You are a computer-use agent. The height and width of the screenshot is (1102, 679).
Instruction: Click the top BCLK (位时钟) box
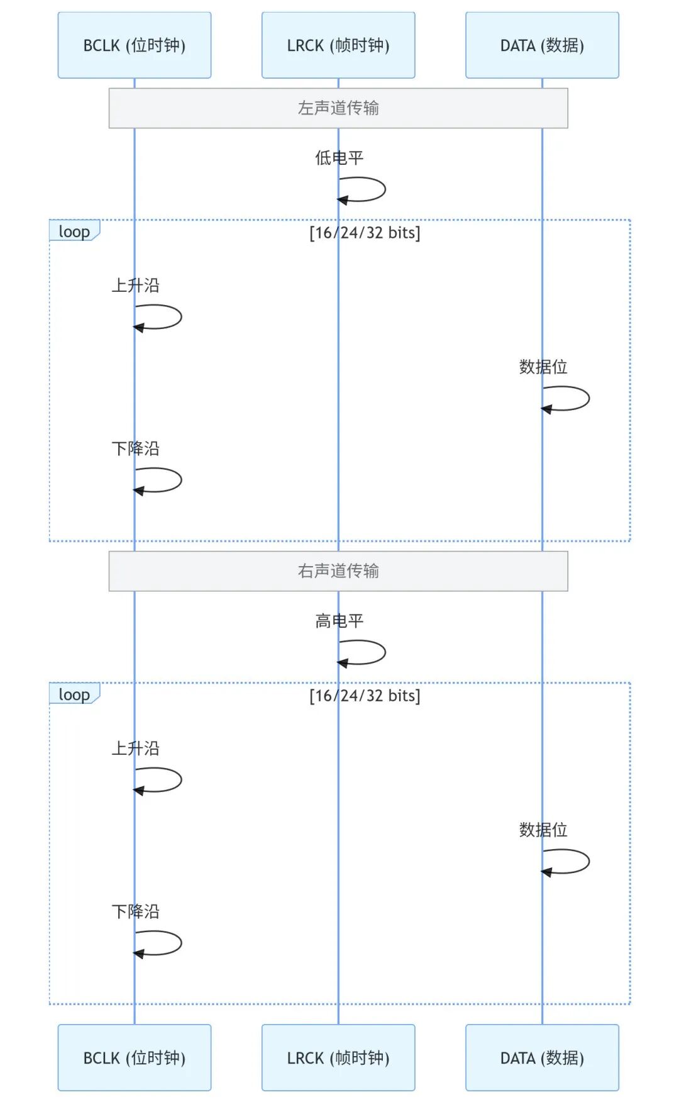coord(135,45)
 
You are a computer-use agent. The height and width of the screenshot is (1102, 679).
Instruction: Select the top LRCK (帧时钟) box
coord(338,45)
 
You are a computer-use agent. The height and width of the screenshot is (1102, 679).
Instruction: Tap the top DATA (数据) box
coord(542,45)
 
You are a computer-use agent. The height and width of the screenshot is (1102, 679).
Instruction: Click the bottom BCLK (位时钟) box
coord(135,1057)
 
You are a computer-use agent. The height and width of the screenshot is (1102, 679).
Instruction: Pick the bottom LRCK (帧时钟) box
coord(338,1057)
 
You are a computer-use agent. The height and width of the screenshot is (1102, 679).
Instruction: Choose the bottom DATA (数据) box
coord(542,1057)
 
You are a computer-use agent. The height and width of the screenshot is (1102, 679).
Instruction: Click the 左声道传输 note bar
coord(338,108)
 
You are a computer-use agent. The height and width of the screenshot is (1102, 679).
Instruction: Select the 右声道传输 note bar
coord(338,571)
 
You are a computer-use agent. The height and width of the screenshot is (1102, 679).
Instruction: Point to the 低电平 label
coord(339,158)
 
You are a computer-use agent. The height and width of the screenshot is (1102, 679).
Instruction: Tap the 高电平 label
coord(339,621)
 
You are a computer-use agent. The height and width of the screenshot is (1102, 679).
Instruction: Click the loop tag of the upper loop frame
coord(74,231)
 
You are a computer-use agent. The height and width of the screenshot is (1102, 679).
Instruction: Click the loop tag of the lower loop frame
coord(74,694)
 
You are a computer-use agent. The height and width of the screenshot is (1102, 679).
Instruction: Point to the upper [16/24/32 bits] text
coord(365,233)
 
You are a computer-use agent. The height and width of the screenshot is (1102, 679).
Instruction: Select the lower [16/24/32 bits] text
coord(365,696)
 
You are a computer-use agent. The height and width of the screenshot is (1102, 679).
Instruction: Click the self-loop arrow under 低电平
coord(385,189)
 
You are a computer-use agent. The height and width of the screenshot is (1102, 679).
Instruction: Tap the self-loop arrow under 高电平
coord(385,652)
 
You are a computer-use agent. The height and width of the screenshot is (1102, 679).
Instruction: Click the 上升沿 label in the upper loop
coord(136,286)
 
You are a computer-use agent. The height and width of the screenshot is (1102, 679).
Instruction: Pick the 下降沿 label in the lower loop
coord(136,911)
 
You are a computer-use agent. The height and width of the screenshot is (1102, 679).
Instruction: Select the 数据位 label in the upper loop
coord(543,367)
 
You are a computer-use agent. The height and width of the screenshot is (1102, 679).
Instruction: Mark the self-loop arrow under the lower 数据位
coord(588,861)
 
